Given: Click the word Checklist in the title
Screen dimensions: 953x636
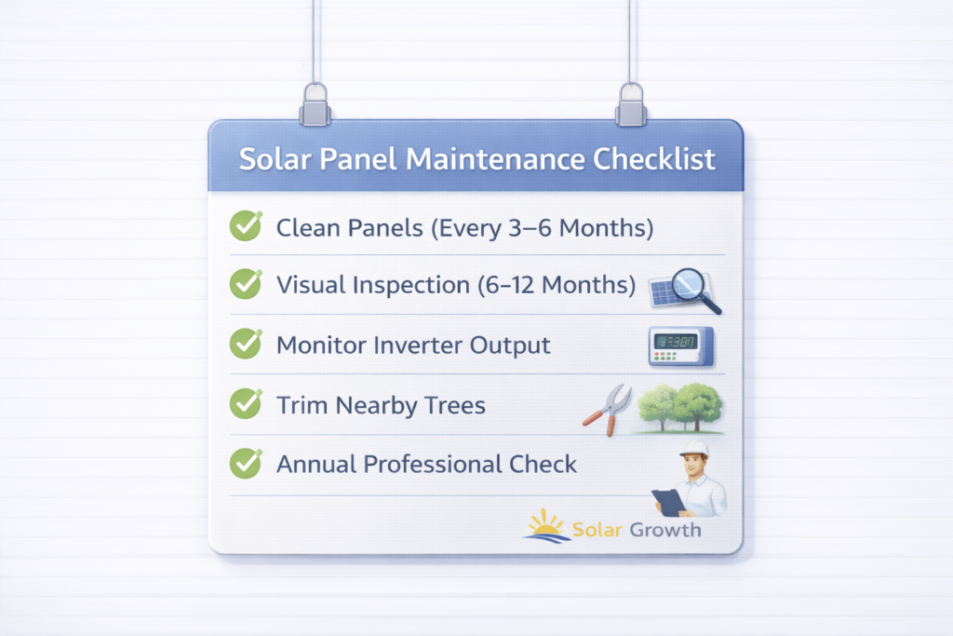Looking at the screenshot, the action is point(654,158).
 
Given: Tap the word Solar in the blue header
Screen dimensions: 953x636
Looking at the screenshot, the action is point(274,159).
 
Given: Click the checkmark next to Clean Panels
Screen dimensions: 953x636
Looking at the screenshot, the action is point(246,225).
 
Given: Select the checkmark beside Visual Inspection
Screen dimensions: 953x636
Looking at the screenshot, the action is point(246,283).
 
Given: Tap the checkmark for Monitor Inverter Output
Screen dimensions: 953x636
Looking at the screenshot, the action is point(246,343).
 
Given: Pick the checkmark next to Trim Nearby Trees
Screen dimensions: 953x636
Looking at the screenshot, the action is point(246,403).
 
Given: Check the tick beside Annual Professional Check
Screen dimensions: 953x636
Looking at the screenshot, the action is point(246,463).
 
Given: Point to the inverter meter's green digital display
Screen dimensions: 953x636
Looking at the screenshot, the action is point(675,342).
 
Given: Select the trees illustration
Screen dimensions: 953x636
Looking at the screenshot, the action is point(680,408).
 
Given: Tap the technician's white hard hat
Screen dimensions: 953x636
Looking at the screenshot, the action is point(694,449).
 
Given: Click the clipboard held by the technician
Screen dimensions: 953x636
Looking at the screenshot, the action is point(669,503).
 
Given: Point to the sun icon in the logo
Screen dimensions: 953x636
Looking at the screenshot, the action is point(545,526).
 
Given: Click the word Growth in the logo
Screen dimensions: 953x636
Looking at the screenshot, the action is point(665,530).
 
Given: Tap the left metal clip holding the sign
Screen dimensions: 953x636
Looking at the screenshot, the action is point(315,105).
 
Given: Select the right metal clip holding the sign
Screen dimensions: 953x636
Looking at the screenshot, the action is point(632,105).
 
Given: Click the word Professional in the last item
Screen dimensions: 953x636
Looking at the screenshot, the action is point(432,465).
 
